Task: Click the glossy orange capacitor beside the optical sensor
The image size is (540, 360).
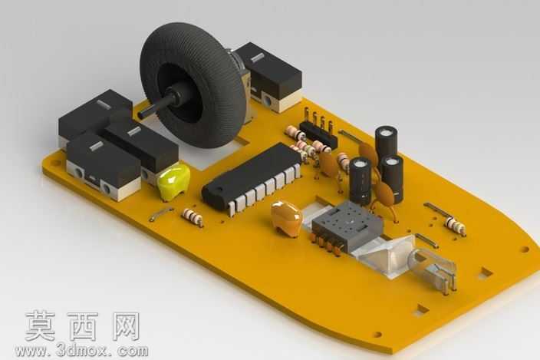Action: pyautogui.click(x=287, y=218)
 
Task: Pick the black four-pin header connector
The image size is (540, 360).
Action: pyautogui.click(x=318, y=133)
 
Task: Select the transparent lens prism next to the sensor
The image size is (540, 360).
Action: pyautogui.click(x=386, y=254)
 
